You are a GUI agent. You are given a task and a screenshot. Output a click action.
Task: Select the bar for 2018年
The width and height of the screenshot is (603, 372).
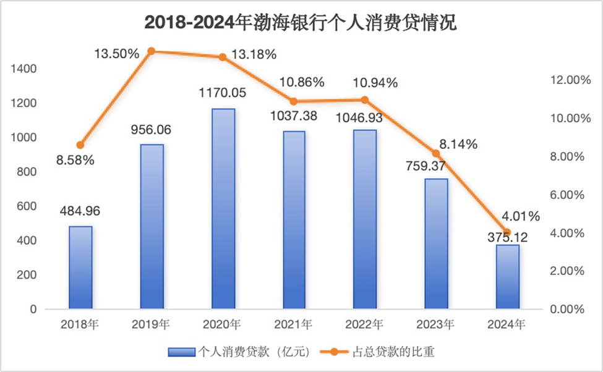click(x=80, y=267)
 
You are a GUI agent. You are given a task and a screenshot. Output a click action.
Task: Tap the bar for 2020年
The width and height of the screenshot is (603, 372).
click(x=223, y=208)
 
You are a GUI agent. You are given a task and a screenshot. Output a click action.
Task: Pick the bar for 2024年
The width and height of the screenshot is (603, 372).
click(x=507, y=276)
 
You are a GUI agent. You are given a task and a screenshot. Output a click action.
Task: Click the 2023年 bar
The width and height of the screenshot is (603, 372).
click(x=436, y=243)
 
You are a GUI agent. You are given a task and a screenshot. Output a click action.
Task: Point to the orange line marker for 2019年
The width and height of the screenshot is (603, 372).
click(x=152, y=51)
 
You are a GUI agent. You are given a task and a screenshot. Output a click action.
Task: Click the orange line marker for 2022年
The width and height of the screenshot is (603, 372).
click(x=365, y=100)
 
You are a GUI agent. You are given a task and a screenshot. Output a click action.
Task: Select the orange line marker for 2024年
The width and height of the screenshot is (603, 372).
click(x=507, y=232)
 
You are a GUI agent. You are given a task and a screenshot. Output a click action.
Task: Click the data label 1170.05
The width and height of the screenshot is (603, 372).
click(x=223, y=94)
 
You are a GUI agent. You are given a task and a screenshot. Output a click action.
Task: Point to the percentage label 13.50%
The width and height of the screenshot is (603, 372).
click(x=117, y=54)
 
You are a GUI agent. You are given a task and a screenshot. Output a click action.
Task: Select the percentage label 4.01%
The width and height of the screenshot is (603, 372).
click(x=520, y=216)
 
